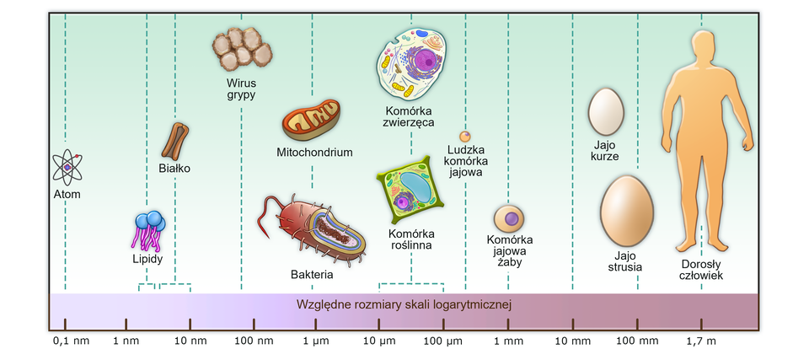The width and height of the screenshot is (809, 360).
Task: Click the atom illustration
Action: point(67,167)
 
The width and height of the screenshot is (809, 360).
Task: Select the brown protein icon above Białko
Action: point(174,141)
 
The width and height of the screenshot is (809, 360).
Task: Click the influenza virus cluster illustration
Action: point(241,49)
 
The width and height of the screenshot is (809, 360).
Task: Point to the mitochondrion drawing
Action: point(311,121)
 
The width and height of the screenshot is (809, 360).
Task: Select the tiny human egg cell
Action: point(464,136)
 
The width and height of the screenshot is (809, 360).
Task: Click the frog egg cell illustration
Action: point(510,218)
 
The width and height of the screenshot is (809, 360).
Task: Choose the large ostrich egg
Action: point(628,211)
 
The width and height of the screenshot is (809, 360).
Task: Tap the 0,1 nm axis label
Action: point(70,341)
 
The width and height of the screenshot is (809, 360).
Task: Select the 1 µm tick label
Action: point(315,341)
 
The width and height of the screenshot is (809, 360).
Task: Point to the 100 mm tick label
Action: point(636,341)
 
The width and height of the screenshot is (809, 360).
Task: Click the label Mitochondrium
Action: point(314,153)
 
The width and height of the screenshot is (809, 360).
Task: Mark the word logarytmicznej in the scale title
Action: point(469,304)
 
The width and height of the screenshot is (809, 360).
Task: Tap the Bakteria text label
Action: point(312,275)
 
